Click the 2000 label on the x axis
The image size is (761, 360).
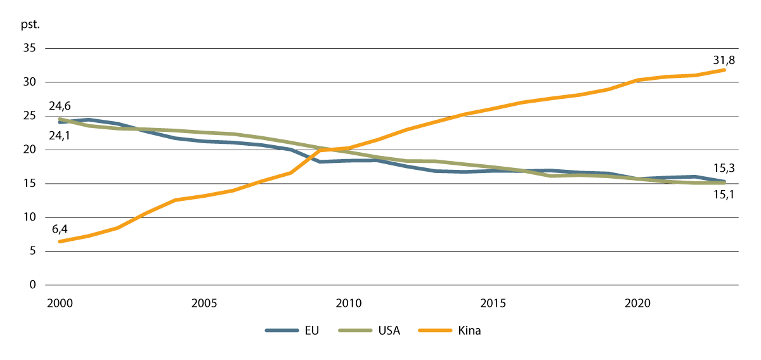click(60, 303)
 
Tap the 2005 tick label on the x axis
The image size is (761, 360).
click(204, 303)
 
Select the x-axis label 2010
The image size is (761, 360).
click(349, 303)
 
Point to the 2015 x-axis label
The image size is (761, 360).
click(493, 303)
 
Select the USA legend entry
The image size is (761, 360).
click(389, 331)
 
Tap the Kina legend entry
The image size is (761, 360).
click(469, 331)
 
